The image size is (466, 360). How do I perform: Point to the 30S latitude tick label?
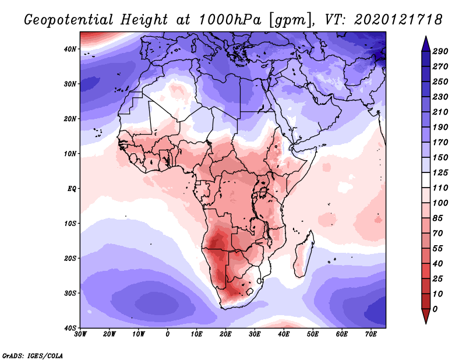[x=70, y=293]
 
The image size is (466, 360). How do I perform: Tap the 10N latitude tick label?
[x=70, y=154]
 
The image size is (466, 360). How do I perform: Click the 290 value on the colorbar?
[x=440, y=51]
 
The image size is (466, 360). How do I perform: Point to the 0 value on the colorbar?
[x=436, y=308]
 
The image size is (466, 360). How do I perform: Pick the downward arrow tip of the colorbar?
[x=426, y=322]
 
